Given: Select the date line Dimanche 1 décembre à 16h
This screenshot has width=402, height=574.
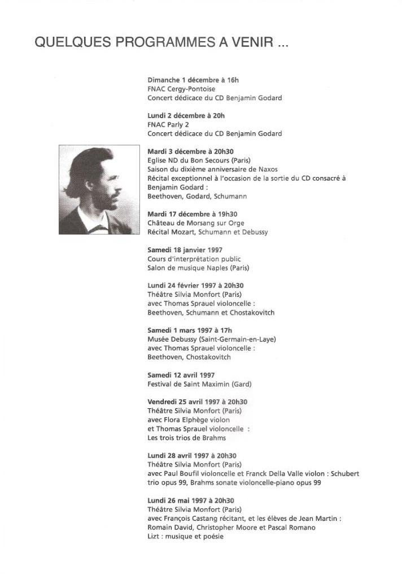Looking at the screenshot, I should pos(189,80).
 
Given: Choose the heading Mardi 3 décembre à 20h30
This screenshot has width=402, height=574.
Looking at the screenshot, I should pos(190,152).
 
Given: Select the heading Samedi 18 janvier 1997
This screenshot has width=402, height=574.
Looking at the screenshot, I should pos(185,250).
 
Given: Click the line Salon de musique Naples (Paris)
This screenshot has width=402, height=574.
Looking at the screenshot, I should pos(198,267).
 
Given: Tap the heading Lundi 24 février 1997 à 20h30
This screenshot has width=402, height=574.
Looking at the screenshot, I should pos(195,286).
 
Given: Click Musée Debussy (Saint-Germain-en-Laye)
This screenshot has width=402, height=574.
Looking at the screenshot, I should pos(212,339).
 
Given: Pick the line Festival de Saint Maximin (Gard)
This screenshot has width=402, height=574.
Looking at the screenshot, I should pos(199,384).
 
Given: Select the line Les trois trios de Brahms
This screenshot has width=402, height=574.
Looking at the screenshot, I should pos(186,438).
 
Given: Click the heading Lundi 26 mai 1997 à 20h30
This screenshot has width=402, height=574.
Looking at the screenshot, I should pos(191,500).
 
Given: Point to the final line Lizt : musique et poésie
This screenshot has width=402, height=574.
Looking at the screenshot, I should pos(185,536).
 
